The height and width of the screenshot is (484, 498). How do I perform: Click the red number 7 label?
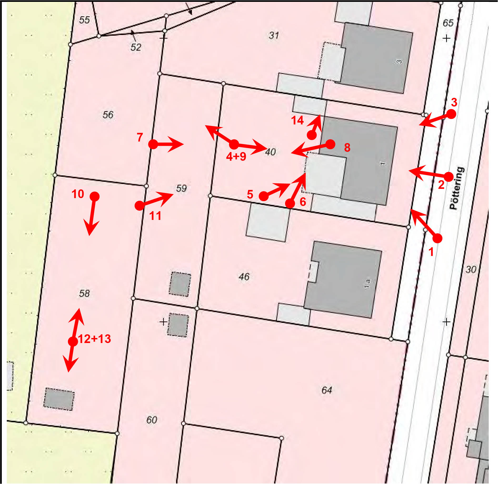[140, 137]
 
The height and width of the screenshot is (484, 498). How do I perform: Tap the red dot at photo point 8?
[330, 144]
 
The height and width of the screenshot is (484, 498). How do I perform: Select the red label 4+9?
[236, 157]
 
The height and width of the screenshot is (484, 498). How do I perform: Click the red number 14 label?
[297, 120]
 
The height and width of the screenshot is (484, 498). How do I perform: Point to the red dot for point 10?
[94, 196]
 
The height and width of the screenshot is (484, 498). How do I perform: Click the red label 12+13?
[94, 339]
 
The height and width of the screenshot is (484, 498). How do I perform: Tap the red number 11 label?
[155, 216]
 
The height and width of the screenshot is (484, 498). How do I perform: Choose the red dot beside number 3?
[451, 114]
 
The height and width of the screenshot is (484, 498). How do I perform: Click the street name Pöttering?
[457, 188]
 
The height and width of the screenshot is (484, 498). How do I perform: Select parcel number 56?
[108, 115]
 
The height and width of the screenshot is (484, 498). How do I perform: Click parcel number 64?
[327, 390]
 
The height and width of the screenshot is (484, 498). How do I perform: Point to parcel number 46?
[244, 276]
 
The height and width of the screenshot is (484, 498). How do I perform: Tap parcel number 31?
[274, 35]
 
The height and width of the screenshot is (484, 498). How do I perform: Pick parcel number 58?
[84, 293]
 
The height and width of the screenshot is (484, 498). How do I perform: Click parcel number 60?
[152, 420]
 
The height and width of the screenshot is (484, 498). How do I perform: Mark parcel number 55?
[84, 20]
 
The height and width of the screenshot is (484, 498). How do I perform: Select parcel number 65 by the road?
[448, 23]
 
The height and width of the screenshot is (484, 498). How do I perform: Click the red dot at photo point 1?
[437, 238]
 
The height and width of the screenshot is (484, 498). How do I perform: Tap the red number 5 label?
[250, 194]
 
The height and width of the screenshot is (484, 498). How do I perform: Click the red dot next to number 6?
[290, 203]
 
